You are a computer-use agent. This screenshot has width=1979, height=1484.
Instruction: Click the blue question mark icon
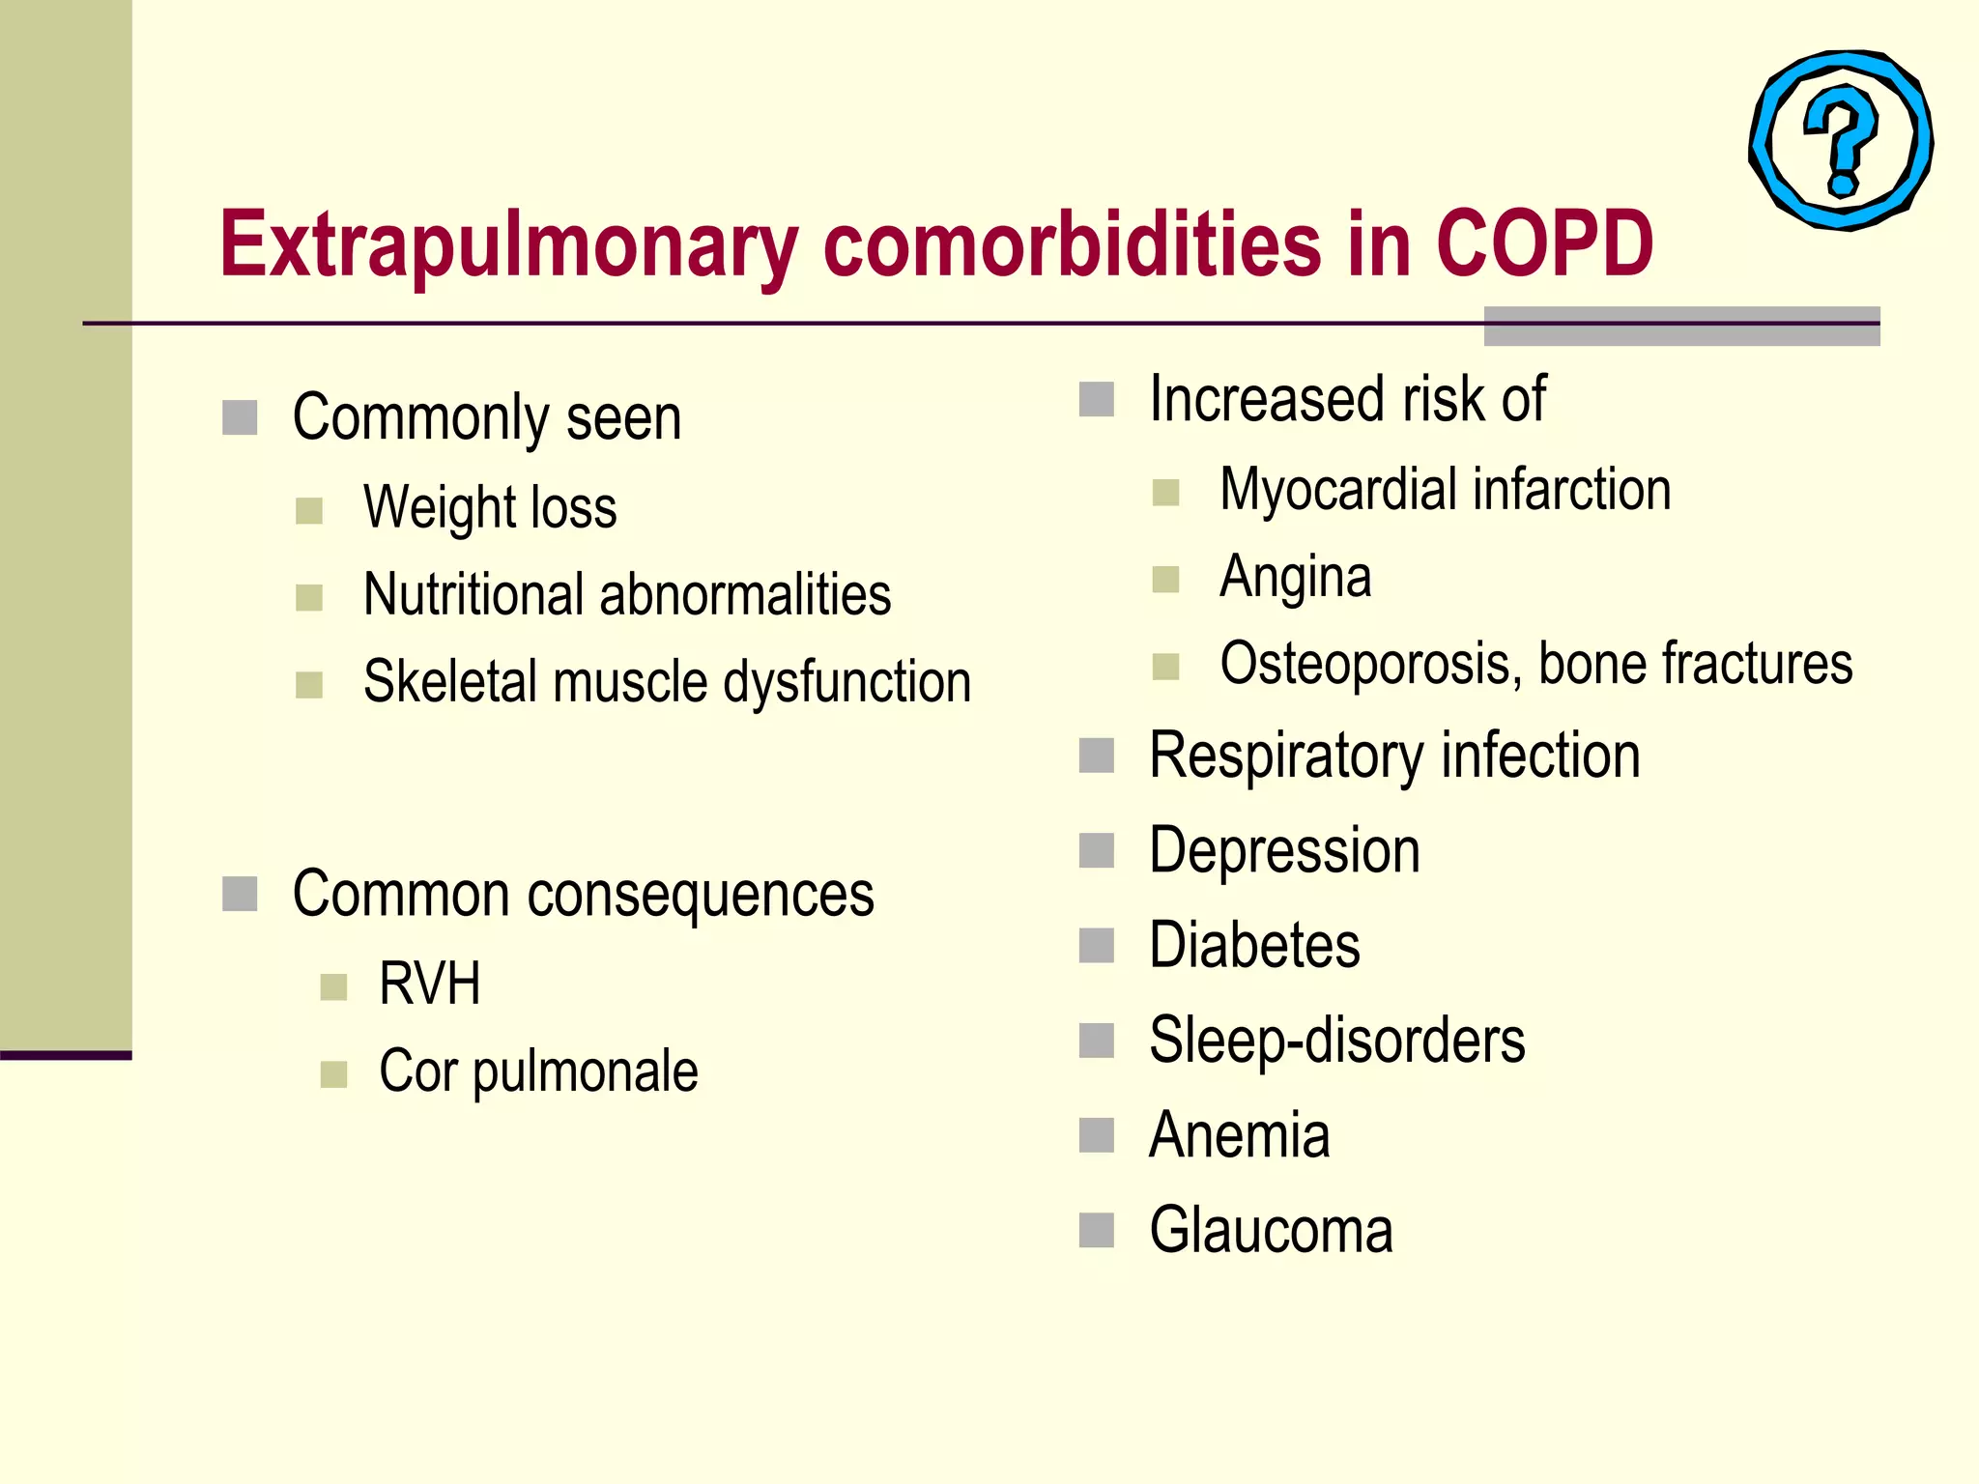coord(1842,141)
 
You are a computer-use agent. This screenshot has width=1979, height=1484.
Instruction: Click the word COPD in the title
coord(1544,243)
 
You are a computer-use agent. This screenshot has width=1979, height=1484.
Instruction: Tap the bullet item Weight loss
coord(490,508)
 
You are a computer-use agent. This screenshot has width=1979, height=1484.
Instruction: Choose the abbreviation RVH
coord(430,984)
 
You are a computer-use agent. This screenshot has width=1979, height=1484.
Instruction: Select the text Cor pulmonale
coord(538,1071)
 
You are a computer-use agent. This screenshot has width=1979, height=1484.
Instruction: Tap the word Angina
coord(1295,578)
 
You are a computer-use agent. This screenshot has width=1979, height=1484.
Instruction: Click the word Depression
coord(1284,851)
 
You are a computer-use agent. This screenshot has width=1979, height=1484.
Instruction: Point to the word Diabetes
coord(1254,945)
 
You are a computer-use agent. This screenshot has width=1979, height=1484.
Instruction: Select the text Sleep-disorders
coord(1336,1041)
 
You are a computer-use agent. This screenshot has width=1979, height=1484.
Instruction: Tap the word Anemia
coord(1239,1135)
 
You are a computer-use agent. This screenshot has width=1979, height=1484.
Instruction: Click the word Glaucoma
coord(1271,1230)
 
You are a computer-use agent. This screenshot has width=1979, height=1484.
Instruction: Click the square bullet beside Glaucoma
coord(1097,1231)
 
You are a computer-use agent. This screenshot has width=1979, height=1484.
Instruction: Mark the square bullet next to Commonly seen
coord(240,418)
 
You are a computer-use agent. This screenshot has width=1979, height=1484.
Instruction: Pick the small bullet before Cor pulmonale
coord(333,1074)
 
